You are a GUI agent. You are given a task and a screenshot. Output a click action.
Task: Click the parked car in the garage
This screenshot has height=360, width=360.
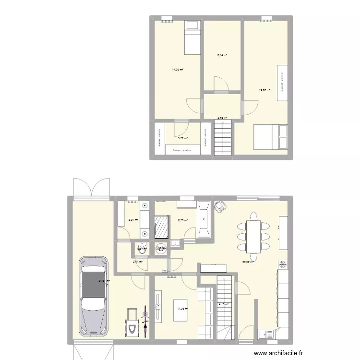click(x=95, y=295)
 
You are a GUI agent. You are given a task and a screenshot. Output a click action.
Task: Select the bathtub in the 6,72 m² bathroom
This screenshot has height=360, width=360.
click(x=204, y=219)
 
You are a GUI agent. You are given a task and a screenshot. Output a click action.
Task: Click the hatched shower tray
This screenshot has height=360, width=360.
click(x=162, y=226)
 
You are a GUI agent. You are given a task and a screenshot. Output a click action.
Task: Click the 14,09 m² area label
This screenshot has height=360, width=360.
click(x=178, y=70)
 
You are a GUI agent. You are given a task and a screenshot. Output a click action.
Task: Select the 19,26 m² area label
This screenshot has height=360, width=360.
click(x=264, y=90)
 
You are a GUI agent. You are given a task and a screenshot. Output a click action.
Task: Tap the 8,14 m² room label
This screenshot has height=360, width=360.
click(x=222, y=55)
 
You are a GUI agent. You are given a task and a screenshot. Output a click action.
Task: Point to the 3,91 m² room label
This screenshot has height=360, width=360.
click(x=133, y=220)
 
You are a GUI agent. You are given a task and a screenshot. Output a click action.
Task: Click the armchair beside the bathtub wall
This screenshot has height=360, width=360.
click(x=221, y=207)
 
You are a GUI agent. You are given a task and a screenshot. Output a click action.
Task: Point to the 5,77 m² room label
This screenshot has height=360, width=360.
click(x=182, y=138)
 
